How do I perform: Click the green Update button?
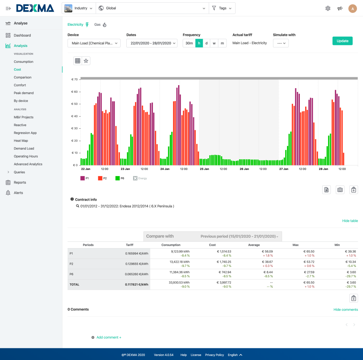[342, 41]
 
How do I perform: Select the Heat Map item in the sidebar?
[21, 140]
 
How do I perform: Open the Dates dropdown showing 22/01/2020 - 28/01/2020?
[152, 43]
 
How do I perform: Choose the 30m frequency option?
[189, 43]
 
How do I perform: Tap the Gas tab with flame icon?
[100, 25]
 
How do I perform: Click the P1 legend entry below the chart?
[84, 178]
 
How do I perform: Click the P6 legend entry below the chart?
[120, 178]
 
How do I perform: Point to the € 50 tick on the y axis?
[74, 104]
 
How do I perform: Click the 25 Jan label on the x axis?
[204, 169]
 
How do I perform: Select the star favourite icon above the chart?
[86, 61]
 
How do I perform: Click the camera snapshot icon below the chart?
[340, 190]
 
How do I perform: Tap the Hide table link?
[350, 221]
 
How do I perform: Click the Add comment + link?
[109, 337]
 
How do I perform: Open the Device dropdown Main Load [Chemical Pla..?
[94, 43]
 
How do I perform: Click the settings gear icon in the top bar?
[328, 8]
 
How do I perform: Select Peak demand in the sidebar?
[24, 93]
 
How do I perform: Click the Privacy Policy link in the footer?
[214, 355]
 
